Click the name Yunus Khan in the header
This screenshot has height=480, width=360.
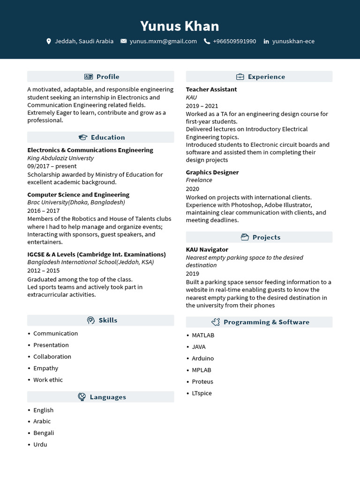click(x=180, y=26)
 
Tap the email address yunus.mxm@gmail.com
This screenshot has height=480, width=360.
click(x=163, y=41)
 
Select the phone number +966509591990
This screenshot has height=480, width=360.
click(x=234, y=41)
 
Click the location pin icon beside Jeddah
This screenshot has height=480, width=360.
click(x=49, y=41)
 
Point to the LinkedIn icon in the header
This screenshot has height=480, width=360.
click(x=266, y=41)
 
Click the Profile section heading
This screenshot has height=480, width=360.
click(x=107, y=76)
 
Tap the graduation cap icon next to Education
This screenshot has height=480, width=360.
click(x=83, y=137)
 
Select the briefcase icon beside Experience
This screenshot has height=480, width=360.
click(x=240, y=76)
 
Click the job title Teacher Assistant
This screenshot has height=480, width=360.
click(x=211, y=89)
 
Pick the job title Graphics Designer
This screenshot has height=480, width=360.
click(x=212, y=172)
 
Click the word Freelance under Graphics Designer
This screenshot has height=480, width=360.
click(x=199, y=180)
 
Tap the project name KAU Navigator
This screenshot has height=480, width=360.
click(x=207, y=249)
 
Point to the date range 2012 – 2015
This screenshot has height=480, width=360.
click(x=44, y=270)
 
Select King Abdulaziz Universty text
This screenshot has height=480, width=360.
click(x=60, y=158)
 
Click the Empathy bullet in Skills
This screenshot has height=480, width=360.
click(x=45, y=368)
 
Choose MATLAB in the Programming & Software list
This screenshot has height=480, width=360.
click(x=202, y=335)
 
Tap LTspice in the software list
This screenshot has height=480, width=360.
click(x=202, y=393)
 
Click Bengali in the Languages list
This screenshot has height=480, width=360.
click(x=44, y=433)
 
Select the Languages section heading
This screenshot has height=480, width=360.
click(x=107, y=397)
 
